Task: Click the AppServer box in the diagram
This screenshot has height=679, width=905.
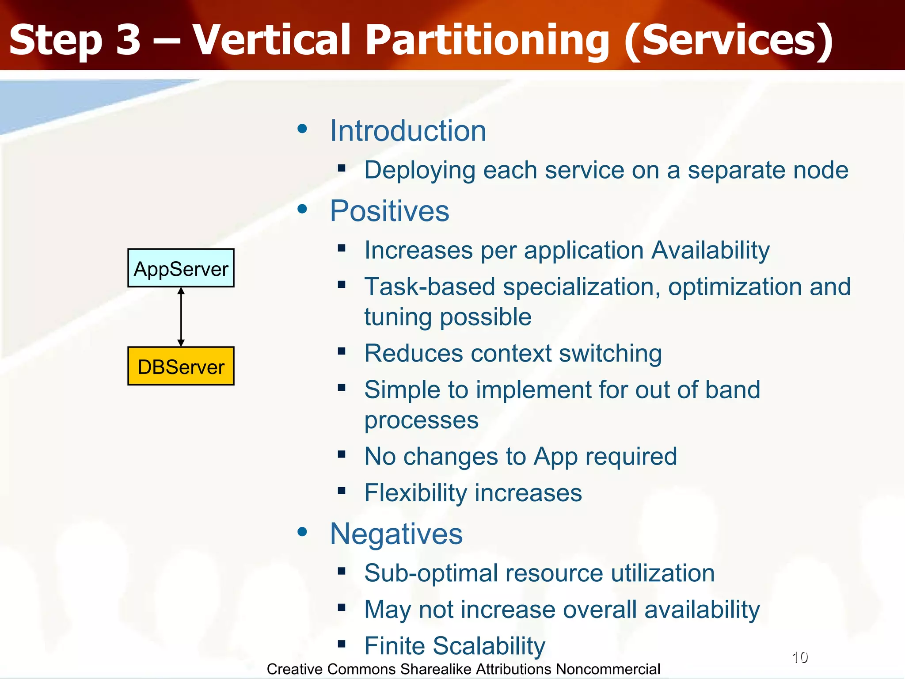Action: click(x=181, y=268)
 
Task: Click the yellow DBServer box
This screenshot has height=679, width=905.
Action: click(x=181, y=366)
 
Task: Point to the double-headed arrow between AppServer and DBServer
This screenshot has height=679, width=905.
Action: click(x=181, y=317)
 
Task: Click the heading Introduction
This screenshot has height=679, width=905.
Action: click(x=408, y=131)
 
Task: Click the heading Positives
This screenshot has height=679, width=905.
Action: click(x=389, y=211)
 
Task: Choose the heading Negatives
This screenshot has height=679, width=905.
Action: click(x=396, y=534)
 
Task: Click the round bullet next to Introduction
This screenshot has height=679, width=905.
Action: click(x=302, y=129)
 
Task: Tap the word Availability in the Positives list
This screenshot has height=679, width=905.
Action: click(x=711, y=250)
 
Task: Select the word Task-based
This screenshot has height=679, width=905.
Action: click(x=429, y=286)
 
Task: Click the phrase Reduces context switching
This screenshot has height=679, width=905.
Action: click(x=513, y=353)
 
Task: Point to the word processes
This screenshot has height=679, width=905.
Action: click(x=421, y=420)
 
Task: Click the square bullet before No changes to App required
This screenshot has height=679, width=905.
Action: click(x=341, y=454)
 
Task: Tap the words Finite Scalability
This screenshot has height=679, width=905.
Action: click(x=455, y=645)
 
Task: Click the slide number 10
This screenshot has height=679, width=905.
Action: click(x=800, y=657)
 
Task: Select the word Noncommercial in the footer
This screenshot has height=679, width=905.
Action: click(x=608, y=669)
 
